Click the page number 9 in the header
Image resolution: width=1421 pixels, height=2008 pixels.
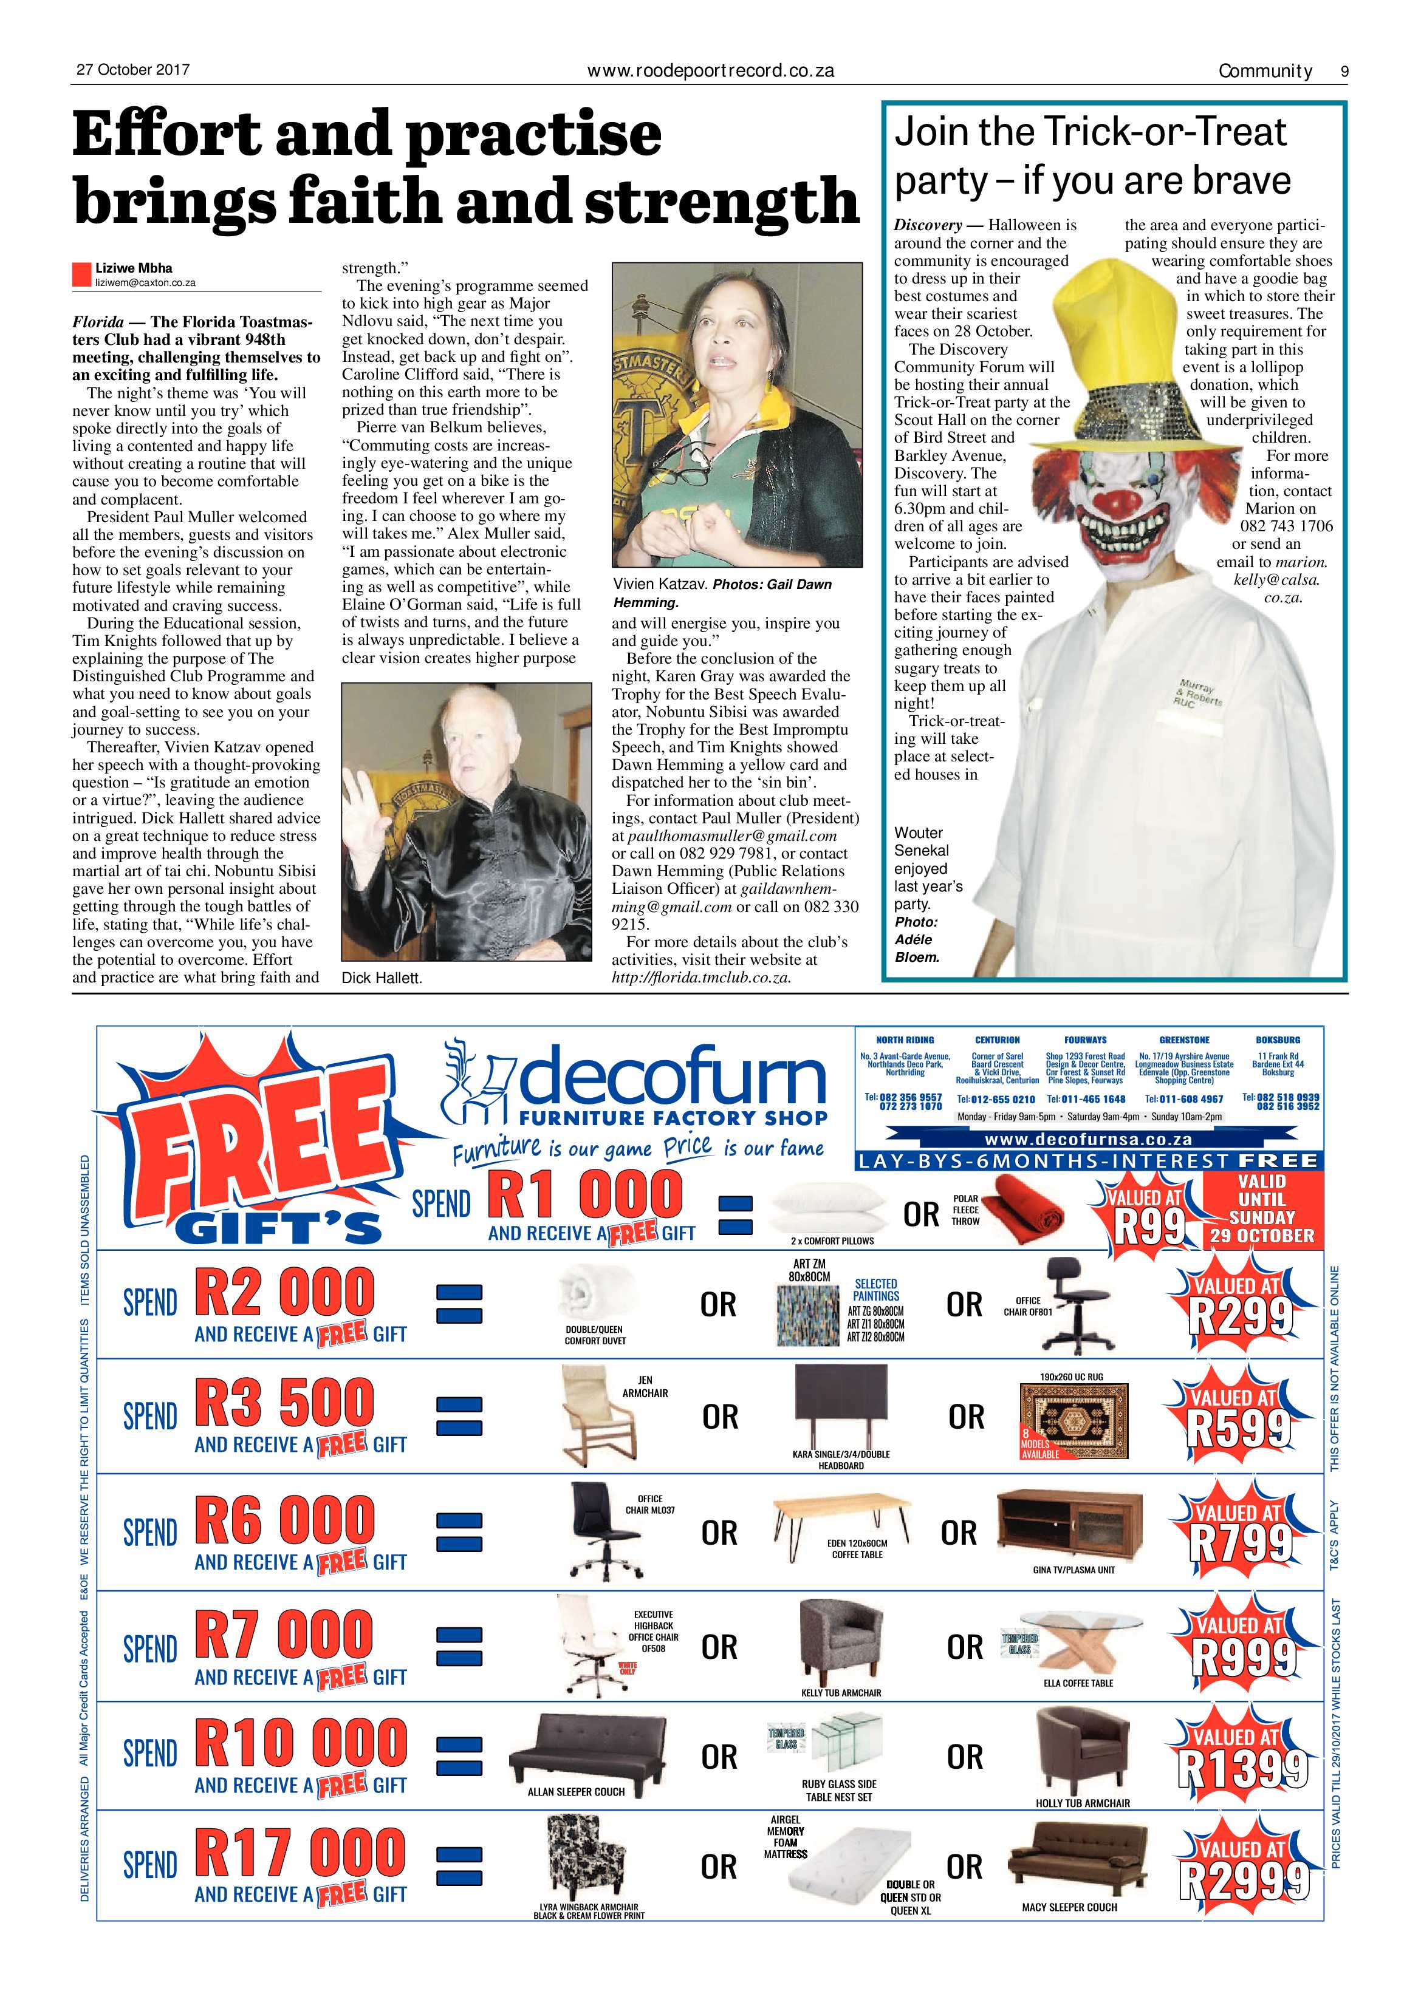point(1344,72)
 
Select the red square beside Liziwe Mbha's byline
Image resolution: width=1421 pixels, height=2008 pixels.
point(81,274)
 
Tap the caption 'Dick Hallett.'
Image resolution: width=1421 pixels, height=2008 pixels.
point(382,979)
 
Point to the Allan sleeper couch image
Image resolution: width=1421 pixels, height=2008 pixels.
point(588,1750)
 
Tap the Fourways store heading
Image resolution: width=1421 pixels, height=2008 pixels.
point(1085,1040)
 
